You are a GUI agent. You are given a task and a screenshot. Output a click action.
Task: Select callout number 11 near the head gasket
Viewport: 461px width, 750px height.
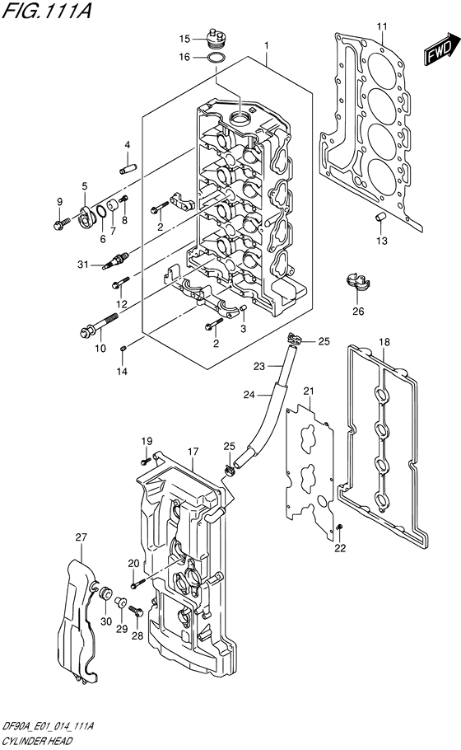pos(381,27)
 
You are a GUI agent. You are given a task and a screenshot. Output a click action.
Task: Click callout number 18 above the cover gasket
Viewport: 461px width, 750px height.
pos(384,342)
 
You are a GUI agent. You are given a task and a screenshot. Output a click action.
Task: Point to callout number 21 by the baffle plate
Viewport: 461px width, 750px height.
pos(309,391)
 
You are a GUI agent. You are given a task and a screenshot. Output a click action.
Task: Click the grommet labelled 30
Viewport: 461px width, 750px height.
pos(105,591)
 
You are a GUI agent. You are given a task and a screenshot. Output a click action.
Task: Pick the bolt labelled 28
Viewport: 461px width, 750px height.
pos(136,612)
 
